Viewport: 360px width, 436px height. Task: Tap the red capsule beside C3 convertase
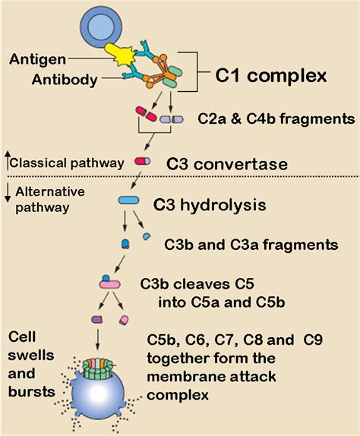tap(143, 161)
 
